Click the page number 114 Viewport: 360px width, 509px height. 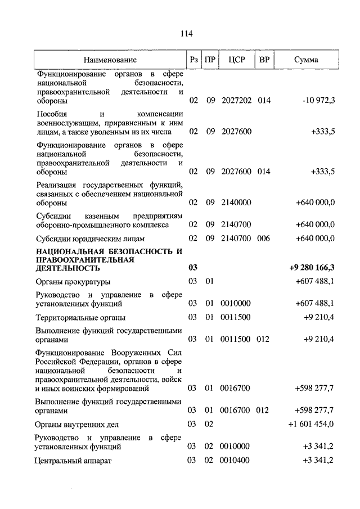(187, 34)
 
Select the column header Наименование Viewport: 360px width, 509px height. (110, 60)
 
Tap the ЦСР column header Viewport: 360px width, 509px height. (236, 60)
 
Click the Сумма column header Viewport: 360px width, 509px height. (305, 60)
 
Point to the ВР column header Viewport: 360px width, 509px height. (264, 60)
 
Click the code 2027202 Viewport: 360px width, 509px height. (236, 101)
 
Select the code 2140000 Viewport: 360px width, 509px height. (236, 202)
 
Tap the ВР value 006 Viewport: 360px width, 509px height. (264, 238)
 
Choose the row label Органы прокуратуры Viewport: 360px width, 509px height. (73, 281)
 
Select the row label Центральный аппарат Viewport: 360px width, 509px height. (74, 461)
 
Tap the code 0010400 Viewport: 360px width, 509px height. (236, 461)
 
